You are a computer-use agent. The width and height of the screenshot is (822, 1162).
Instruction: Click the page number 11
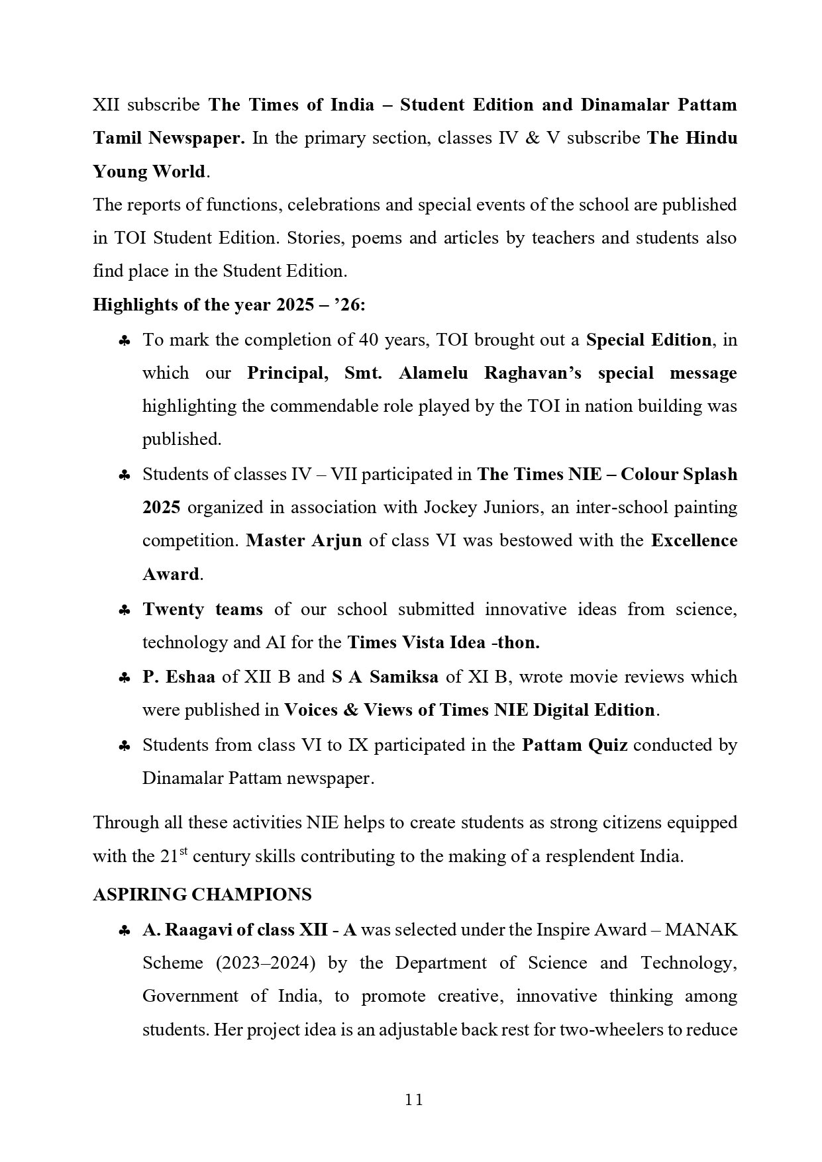[x=414, y=1100]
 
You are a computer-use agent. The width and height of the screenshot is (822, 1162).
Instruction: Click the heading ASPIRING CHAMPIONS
[x=202, y=895]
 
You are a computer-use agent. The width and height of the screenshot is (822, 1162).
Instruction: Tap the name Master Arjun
[x=304, y=540]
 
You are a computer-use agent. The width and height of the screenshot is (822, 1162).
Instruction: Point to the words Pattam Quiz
[x=574, y=745]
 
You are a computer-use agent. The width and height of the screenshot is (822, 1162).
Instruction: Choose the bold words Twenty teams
[x=203, y=609]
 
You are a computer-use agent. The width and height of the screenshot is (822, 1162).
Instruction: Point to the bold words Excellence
[x=694, y=540]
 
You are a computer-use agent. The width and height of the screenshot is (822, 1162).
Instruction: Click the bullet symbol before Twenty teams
[x=124, y=610]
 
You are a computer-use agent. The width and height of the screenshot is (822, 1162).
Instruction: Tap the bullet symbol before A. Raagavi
[x=124, y=931]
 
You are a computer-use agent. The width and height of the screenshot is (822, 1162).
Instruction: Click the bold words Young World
[x=149, y=171]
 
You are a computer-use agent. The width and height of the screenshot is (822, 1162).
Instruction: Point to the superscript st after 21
[x=184, y=851]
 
